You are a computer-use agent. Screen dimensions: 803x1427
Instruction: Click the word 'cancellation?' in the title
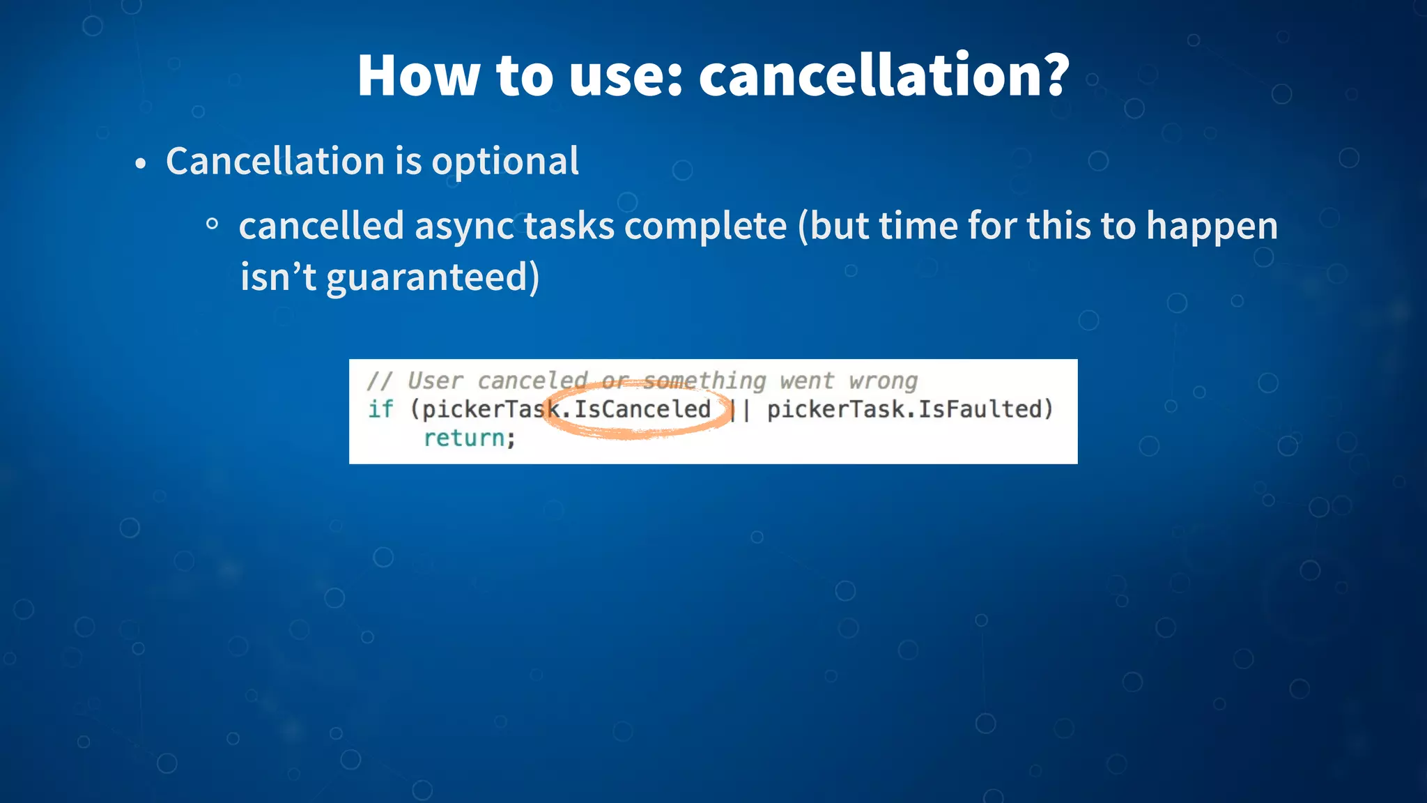click(884, 75)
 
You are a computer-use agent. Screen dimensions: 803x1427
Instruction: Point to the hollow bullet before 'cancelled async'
click(213, 224)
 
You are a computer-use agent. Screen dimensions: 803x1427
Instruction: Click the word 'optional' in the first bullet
click(505, 162)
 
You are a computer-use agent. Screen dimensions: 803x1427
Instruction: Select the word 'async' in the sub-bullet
click(464, 227)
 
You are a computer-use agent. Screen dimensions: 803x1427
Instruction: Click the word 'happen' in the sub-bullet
click(1212, 227)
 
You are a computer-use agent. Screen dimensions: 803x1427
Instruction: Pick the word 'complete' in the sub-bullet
click(705, 227)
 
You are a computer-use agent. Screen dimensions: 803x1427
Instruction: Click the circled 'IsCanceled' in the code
click(641, 409)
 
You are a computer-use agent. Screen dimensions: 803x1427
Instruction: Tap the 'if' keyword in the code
click(380, 409)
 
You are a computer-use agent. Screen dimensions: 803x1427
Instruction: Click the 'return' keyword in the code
click(464, 438)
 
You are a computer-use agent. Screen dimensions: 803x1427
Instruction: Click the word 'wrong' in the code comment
click(883, 381)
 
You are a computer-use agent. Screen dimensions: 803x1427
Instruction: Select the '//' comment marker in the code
click(380, 381)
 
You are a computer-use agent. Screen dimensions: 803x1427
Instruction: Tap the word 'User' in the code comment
click(435, 381)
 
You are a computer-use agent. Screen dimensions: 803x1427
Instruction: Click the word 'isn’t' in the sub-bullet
click(278, 277)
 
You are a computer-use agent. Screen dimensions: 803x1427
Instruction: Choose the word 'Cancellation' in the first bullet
click(275, 162)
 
